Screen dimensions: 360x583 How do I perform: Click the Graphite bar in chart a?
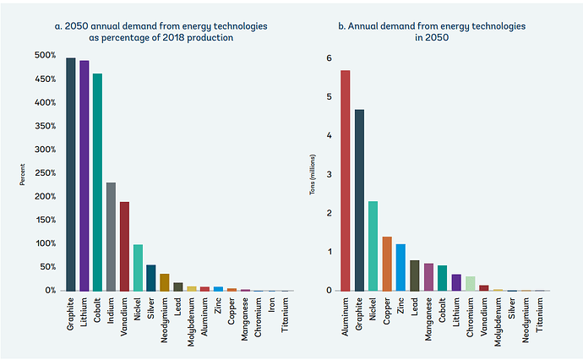(71, 174)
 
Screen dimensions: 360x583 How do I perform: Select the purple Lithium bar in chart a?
(84, 176)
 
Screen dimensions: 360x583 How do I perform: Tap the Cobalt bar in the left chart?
(97, 182)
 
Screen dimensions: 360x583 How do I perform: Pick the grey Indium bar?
(111, 237)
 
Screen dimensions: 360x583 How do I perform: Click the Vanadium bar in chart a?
(124, 246)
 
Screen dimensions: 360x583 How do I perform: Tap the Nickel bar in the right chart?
(373, 245)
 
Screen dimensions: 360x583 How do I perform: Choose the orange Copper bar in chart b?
(387, 263)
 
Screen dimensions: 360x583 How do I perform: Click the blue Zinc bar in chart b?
(400, 267)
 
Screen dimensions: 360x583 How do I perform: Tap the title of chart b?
(432, 32)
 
